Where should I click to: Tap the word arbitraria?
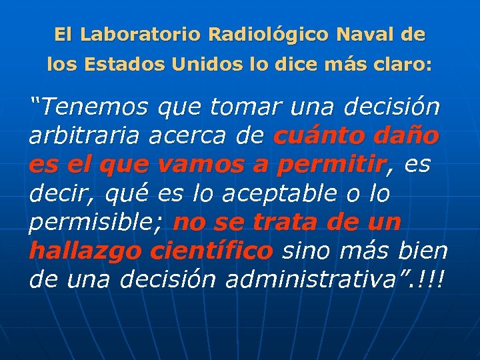(x=84, y=136)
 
